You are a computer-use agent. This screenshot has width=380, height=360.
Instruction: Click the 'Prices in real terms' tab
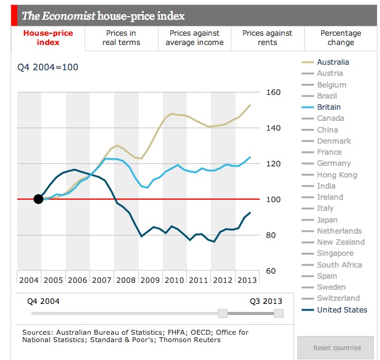[121, 38]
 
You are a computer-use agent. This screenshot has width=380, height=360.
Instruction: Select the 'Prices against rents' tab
[267, 38]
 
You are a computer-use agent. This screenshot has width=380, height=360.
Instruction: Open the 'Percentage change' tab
[341, 38]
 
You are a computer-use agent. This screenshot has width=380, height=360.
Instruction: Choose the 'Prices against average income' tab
[194, 38]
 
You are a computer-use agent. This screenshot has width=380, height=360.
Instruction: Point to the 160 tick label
[273, 92]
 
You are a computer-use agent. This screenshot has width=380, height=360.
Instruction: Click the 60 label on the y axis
[271, 271]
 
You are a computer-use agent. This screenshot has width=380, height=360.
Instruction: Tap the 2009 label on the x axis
[150, 280]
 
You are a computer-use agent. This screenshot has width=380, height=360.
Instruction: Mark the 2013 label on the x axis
[247, 280]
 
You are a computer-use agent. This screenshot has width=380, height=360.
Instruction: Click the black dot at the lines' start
[38, 199]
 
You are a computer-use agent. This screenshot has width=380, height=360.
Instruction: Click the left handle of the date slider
[223, 313]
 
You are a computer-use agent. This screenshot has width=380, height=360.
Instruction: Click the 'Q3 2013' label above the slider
[266, 301]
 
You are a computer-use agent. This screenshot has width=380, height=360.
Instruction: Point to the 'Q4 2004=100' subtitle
[47, 67]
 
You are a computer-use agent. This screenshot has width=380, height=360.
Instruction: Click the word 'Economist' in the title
[68, 16]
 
